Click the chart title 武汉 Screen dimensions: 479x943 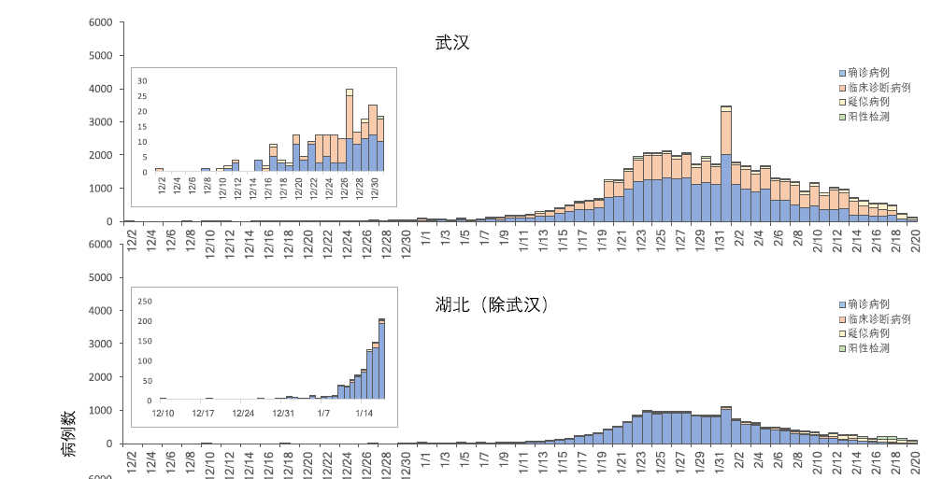click(451, 43)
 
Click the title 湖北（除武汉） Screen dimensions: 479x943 click(490, 305)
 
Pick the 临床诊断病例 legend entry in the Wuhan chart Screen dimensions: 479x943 click(875, 87)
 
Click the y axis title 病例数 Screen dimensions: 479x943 click(70, 434)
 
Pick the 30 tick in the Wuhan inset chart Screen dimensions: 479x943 click(143, 81)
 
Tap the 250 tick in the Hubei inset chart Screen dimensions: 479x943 click(145, 302)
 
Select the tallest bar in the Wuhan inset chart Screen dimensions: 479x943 click(350, 131)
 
